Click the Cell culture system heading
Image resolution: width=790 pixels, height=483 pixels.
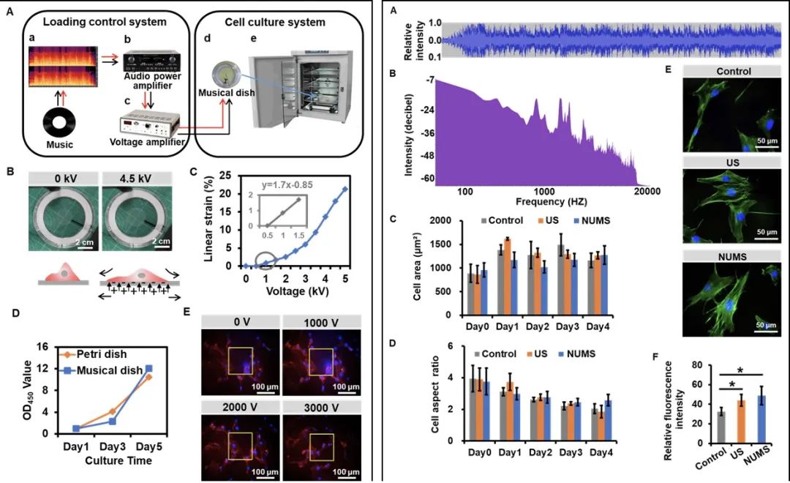[286, 22]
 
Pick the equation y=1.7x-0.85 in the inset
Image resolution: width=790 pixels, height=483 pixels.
[287, 184]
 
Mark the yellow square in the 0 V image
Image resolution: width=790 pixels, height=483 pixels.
[241, 362]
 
